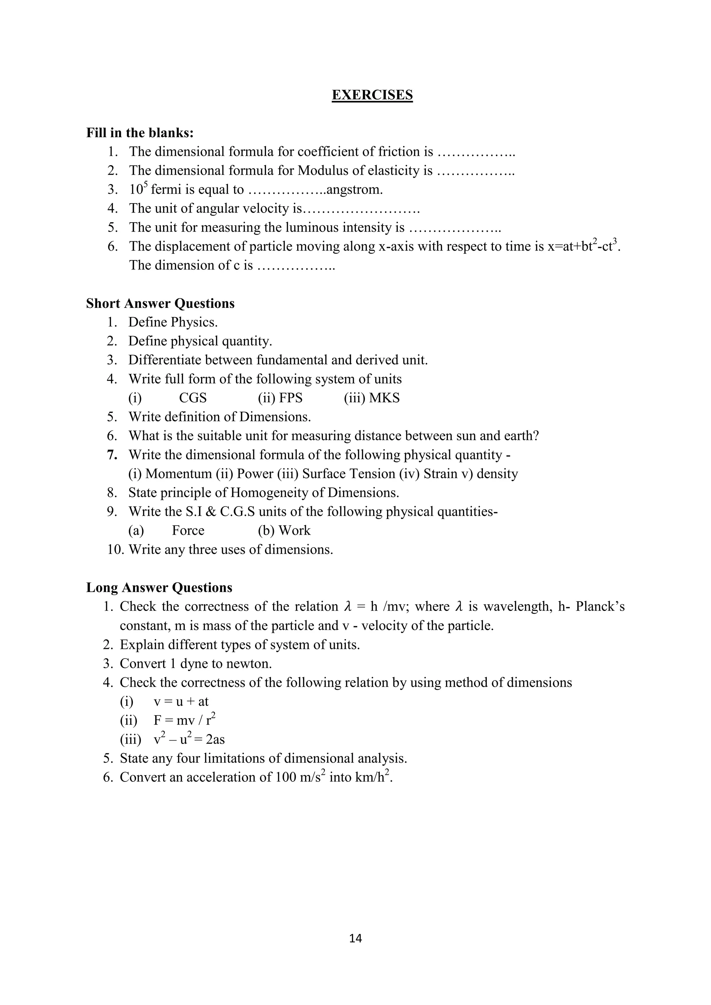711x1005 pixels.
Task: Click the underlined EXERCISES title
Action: tap(372, 95)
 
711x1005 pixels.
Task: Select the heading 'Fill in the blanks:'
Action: tap(140, 133)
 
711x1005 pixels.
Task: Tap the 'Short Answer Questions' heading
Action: tap(160, 303)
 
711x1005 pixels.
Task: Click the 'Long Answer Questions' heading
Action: tap(159, 587)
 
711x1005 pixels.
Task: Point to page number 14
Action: tap(355, 938)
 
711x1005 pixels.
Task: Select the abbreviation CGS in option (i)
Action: tap(193, 398)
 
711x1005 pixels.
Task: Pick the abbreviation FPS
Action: tap(290, 398)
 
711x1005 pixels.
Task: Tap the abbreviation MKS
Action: tap(384, 398)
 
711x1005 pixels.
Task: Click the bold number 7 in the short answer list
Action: tap(112, 455)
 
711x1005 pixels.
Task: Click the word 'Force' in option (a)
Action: tap(188, 530)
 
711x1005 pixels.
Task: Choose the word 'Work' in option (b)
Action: tap(294, 530)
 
